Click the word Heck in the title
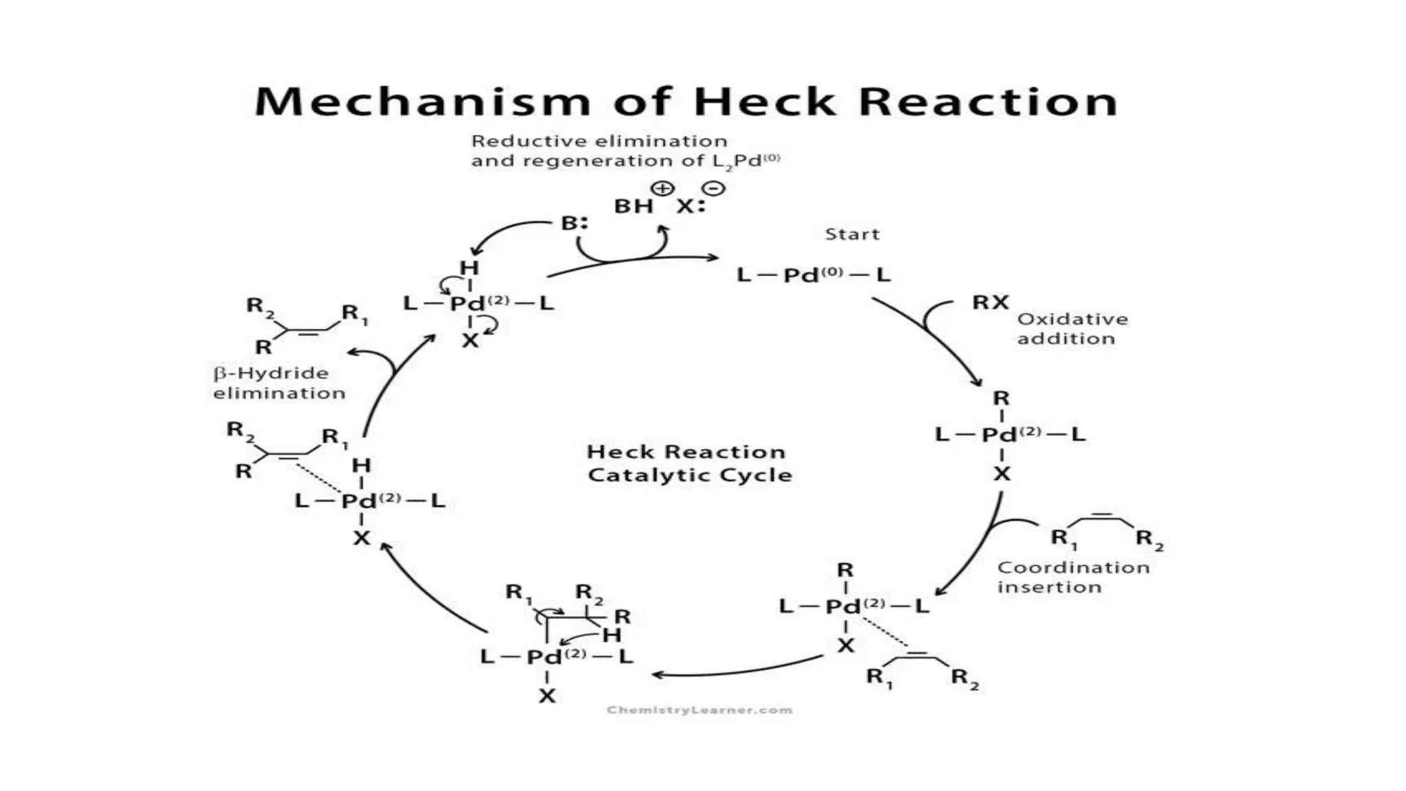[x=765, y=102]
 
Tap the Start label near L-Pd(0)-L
[x=851, y=234]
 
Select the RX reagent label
[x=990, y=302]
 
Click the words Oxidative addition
[x=1072, y=329]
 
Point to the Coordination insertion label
[x=1072, y=577]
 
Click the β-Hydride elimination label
[x=279, y=383]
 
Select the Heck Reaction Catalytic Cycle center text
[x=689, y=463]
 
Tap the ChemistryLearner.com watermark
[x=699, y=710]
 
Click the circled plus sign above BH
[x=662, y=187]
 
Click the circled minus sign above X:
[x=713, y=187]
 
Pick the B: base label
[x=574, y=223]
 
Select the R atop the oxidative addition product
[x=1001, y=398]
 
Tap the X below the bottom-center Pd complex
[x=546, y=696]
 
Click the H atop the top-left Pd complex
[x=469, y=268]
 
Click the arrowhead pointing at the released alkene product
[x=351, y=352]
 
